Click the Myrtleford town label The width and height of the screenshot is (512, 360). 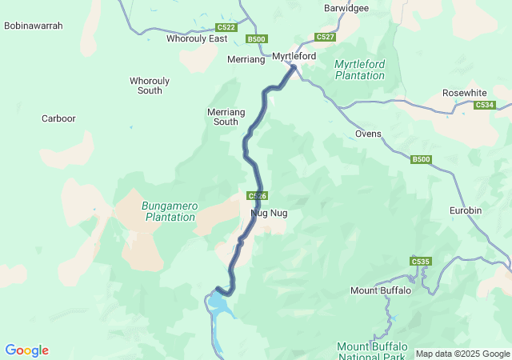[x=294, y=57]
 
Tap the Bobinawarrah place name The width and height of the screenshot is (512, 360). [x=34, y=26]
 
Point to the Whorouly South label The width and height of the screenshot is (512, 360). [x=146, y=86]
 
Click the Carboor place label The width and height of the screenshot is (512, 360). [x=58, y=118]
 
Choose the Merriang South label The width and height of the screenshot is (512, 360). [x=223, y=117]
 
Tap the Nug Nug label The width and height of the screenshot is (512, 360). [x=269, y=214]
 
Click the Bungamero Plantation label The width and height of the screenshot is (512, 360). [x=169, y=211]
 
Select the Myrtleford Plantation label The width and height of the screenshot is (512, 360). [x=359, y=70]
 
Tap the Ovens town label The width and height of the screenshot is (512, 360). [x=368, y=134]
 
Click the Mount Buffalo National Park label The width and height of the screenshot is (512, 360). [x=372, y=351]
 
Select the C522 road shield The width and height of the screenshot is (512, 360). [x=226, y=27]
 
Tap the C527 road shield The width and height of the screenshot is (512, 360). [x=325, y=37]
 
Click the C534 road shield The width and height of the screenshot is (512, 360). [x=484, y=105]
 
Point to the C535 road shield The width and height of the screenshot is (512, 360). [x=420, y=262]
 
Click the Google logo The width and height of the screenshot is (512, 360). [x=26, y=350]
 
